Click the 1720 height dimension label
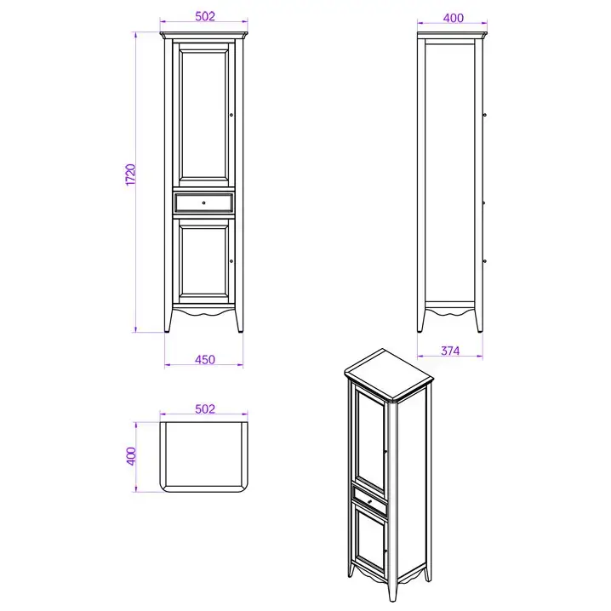coord(131,175)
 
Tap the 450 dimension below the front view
coord(205,359)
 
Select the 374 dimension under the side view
coord(450,351)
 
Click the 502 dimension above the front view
coord(205,16)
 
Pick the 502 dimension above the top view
coord(205,408)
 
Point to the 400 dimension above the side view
coord(454,18)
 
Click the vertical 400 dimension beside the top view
coord(131,456)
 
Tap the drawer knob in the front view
coord(203,203)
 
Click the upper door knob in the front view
coord(231,115)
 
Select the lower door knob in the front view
coord(231,261)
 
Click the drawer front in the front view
coord(203,203)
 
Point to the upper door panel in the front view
coord(203,115)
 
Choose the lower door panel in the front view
coord(203,260)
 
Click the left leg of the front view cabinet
coord(168,320)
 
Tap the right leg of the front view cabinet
coord(239,320)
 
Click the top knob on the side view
coord(485,115)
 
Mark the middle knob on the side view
coord(484,203)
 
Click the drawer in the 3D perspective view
coord(369,500)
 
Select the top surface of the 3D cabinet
coord(388,373)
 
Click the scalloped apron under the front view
coord(203,311)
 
